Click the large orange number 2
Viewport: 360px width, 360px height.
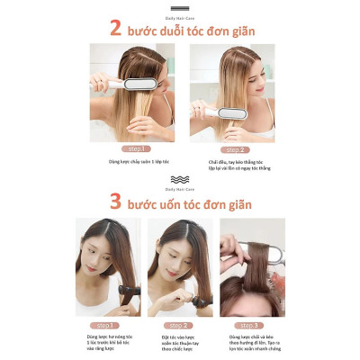point(114,28)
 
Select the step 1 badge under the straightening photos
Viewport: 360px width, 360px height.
point(132,148)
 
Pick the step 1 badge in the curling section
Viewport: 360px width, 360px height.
point(106,324)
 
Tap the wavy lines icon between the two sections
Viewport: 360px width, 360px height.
point(180,179)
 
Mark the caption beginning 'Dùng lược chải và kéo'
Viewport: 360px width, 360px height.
point(253,342)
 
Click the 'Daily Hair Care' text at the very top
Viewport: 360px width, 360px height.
point(180,12)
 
